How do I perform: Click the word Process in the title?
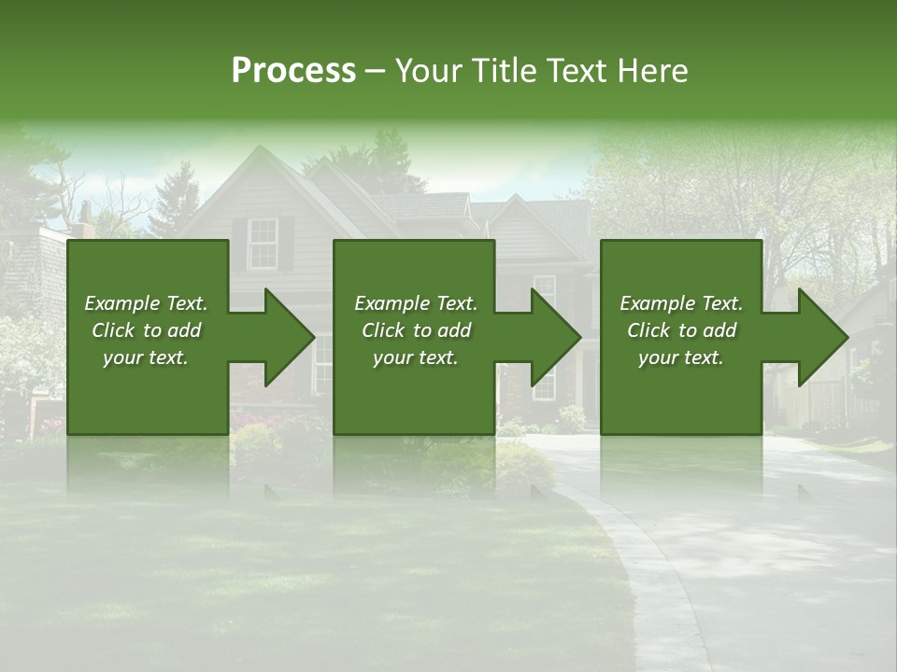click(293, 71)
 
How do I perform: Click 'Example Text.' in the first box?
click(146, 303)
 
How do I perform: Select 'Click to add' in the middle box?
click(416, 330)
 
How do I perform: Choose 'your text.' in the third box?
click(681, 357)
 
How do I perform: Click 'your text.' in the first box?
click(146, 357)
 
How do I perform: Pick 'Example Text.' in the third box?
click(681, 303)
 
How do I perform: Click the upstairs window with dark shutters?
click(263, 243)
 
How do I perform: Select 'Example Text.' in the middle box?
click(416, 303)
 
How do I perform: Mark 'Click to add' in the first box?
click(146, 330)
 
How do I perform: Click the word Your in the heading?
click(430, 71)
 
